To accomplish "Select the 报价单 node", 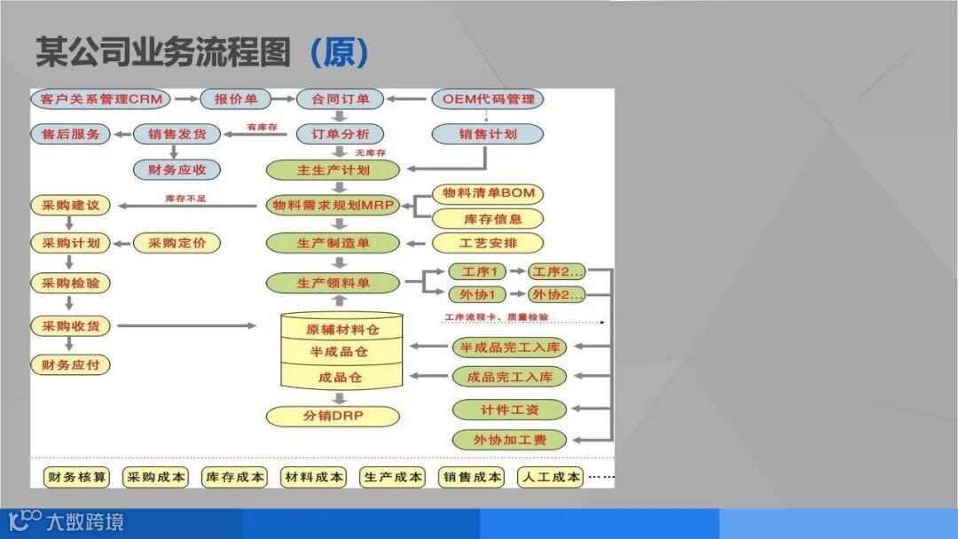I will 235,98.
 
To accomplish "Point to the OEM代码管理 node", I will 488,98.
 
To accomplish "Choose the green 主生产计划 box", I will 334,169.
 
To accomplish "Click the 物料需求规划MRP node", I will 334,205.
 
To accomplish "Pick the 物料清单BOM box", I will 488,193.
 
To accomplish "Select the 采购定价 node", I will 177,242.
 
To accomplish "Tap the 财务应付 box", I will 71,364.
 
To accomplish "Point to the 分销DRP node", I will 334,416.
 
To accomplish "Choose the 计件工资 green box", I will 510,410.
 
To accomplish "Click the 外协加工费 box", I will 510,439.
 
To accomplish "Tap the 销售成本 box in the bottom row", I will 471,477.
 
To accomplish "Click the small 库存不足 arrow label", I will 185,198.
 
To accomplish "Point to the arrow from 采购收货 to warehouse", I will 186,326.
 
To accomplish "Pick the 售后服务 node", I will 71,134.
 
